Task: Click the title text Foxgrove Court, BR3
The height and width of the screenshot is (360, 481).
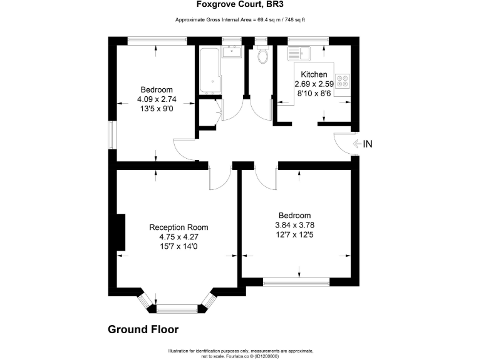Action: point(239,6)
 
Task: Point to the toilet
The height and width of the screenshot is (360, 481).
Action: point(262,56)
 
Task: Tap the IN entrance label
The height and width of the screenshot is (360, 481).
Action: point(367,144)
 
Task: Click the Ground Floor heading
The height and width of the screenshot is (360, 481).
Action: point(143,329)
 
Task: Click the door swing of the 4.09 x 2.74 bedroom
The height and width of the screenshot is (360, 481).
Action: point(184,149)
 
